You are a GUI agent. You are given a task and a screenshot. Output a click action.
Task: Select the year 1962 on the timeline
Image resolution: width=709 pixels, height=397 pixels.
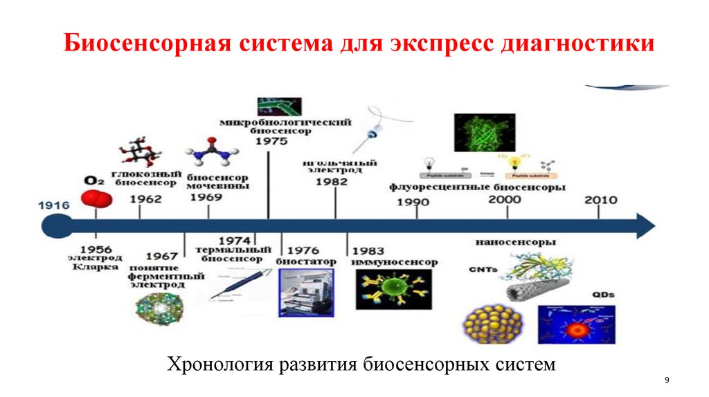[x=145, y=198]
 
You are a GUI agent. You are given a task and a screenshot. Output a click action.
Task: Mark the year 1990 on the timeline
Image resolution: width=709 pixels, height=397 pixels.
[x=413, y=202]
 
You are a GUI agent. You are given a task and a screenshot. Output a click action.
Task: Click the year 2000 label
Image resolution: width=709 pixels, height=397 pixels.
[x=505, y=199]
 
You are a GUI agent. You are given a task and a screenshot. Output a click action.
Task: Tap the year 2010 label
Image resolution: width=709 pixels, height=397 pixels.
[x=601, y=200]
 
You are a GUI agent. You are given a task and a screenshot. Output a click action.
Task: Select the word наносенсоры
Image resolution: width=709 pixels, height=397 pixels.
[x=516, y=243]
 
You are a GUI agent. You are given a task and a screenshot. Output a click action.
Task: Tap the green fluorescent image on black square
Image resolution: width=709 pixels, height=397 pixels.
[x=484, y=131]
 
